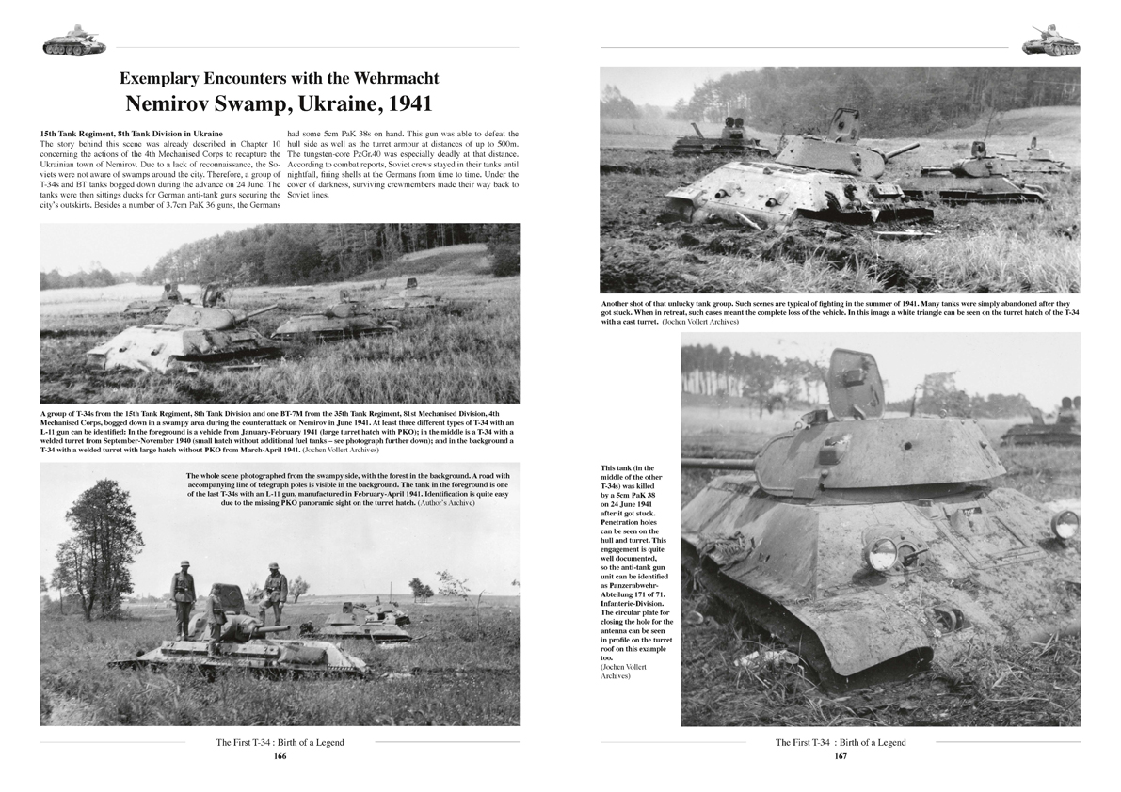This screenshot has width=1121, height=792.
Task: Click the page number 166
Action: coord(280,755)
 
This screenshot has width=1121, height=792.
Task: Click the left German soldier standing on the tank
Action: coord(183,592)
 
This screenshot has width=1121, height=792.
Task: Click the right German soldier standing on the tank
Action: coord(274,587)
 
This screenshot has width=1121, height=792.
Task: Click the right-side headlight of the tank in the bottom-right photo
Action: coord(1065,524)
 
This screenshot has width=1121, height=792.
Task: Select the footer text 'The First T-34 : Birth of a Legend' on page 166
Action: coord(280,742)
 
